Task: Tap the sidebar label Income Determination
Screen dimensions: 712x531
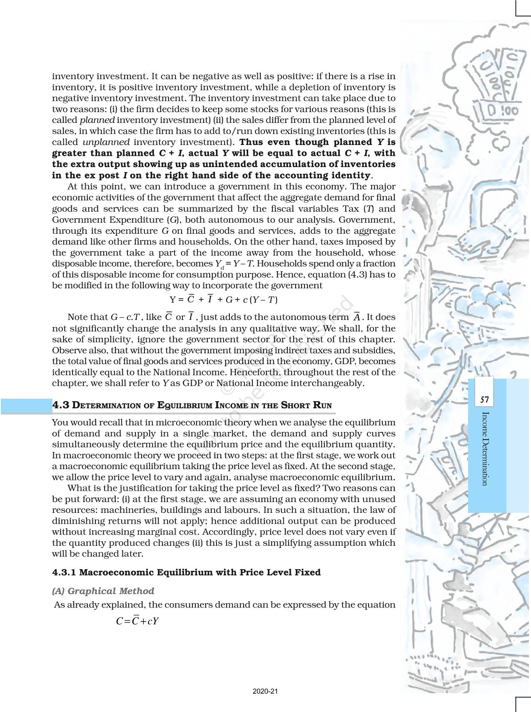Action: (484, 448)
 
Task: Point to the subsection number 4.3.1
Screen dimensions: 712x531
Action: (64, 572)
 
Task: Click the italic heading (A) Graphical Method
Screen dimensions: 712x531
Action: (103, 591)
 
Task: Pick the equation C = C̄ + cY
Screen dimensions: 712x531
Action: (137, 621)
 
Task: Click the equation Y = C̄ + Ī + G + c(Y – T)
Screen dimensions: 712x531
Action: (224, 299)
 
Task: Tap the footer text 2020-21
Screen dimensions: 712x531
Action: (265, 692)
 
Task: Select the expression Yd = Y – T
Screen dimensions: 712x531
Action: (234, 264)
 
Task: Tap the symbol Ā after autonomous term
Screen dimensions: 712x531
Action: (356, 317)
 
